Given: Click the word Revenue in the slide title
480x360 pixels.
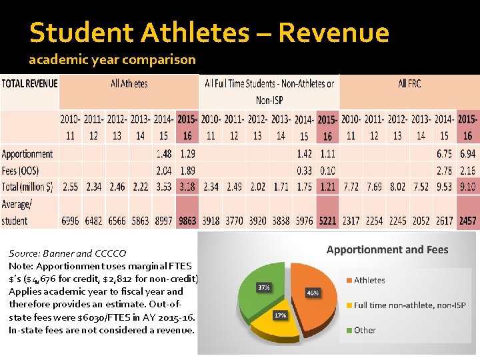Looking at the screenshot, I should pos(333,32).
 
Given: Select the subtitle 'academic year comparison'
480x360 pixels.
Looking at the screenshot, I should pos(112,60).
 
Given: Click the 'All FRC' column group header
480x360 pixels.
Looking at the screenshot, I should pos(409,83).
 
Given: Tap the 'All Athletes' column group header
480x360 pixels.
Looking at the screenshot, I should pos(129,83).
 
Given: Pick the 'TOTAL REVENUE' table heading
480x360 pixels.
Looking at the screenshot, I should pos(30,83).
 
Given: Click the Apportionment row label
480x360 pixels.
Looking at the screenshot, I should pos(27,154).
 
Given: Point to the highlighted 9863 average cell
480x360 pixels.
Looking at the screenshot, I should pos(187,221).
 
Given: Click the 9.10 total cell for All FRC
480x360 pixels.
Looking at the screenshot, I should pos(467,187).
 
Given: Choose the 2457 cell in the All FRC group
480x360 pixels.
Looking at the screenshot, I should pos(467,221).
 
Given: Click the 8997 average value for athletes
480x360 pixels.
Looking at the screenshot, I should pos(163,221).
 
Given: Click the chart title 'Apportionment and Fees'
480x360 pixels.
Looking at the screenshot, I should pos(387,250).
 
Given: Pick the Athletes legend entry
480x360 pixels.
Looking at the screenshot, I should pos(369,280).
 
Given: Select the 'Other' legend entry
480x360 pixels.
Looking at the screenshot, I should pos(365,330).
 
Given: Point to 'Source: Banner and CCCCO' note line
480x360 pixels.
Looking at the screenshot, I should pos(67,253).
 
